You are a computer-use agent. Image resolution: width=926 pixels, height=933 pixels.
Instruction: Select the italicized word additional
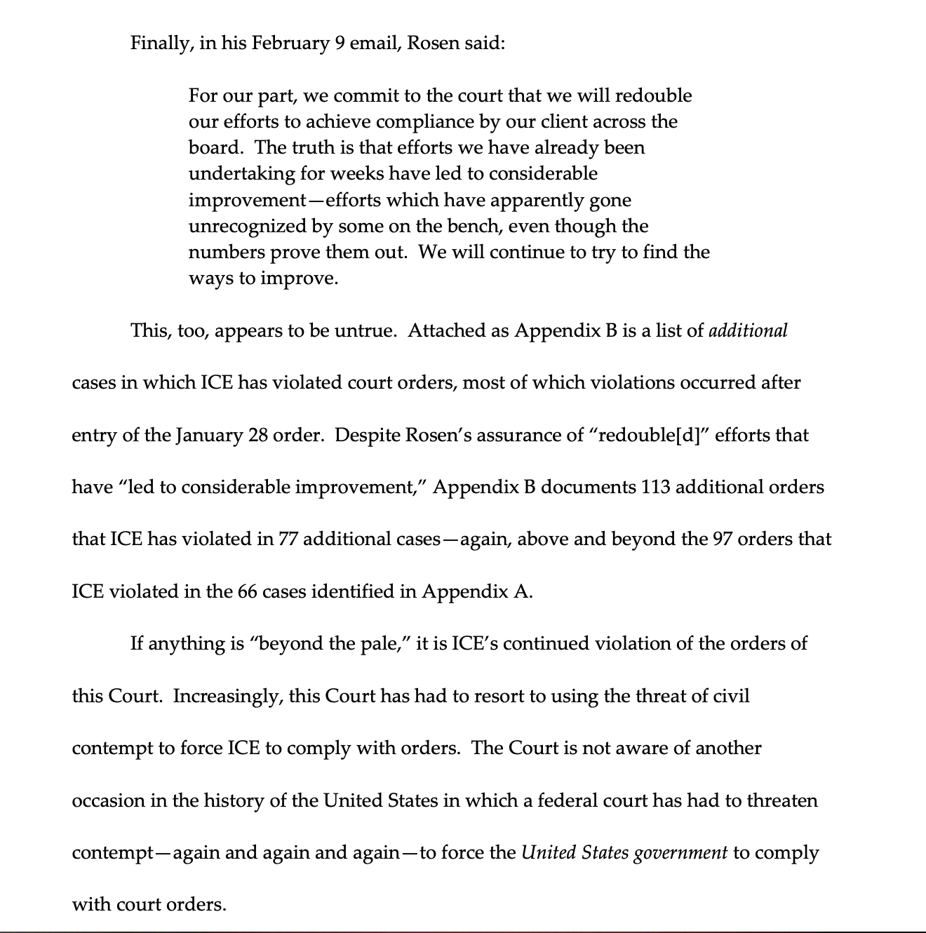(748, 330)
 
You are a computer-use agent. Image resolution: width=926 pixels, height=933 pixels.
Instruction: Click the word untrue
(365, 330)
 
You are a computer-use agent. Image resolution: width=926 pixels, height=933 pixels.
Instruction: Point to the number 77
(288, 539)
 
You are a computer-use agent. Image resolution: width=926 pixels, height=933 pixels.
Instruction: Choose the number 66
(247, 591)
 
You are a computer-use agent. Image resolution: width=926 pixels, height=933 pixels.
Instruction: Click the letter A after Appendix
(521, 591)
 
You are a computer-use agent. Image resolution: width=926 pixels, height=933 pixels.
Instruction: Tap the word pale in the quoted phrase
(383, 643)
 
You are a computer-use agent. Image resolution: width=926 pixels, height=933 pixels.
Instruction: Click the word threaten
(786, 800)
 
